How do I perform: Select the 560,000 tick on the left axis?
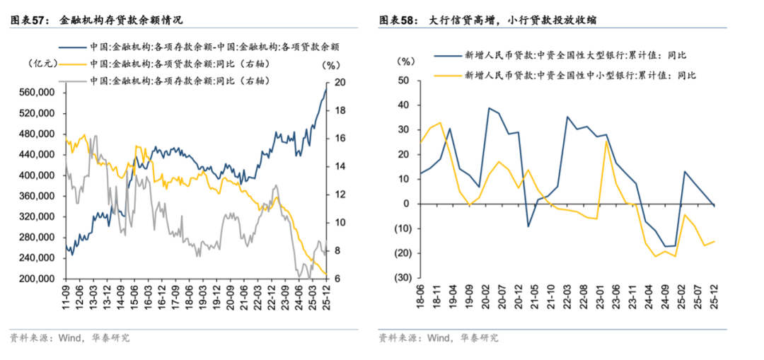coord(36,93)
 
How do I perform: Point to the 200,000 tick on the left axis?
coord(36,279)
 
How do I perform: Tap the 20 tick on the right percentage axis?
coord(340,82)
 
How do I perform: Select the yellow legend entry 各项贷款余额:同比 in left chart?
coord(181,64)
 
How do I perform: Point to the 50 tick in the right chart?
coord(404,81)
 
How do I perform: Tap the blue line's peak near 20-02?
coord(487,108)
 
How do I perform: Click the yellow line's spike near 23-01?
coord(606,141)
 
